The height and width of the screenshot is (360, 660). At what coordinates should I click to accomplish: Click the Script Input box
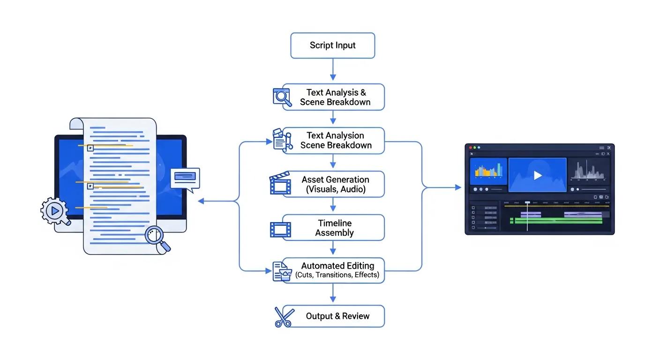click(x=332, y=45)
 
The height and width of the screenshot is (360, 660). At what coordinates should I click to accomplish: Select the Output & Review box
click(x=337, y=316)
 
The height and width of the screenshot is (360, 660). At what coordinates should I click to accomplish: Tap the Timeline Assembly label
click(x=334, y=228)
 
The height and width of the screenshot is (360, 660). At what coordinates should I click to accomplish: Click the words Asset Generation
click(x=335, y=180)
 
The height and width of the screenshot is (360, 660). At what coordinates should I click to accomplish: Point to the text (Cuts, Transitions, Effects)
click(x=337, y=275)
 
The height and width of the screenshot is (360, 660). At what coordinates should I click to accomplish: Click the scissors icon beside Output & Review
click(x=283, y=317)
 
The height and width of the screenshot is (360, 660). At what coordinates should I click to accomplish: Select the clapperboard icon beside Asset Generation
click(x=280, y=184)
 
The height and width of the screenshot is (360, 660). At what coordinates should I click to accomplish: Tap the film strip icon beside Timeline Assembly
click(x=280, y=230)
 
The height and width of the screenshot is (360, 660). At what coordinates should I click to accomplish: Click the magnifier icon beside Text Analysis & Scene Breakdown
click(x=282, y=97)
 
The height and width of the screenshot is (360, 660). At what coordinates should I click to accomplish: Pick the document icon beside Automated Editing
click(x=282, y=271)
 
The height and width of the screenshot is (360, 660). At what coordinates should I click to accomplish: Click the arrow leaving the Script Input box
click(x=333, y=70)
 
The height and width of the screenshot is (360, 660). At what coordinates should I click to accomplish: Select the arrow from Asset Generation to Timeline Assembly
click(x=333, y=205)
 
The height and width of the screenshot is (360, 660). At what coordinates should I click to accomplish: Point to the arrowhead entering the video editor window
click(x=458, y=187)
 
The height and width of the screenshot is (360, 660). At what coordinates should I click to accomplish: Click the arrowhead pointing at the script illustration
click(x=201, y=201)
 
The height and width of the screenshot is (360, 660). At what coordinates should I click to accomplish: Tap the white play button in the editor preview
click(x=538, y=175)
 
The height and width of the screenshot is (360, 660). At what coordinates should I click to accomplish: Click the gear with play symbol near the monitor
click(x=55, y=211)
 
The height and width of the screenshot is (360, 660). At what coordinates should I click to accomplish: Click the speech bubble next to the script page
click(x=185, y=179)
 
